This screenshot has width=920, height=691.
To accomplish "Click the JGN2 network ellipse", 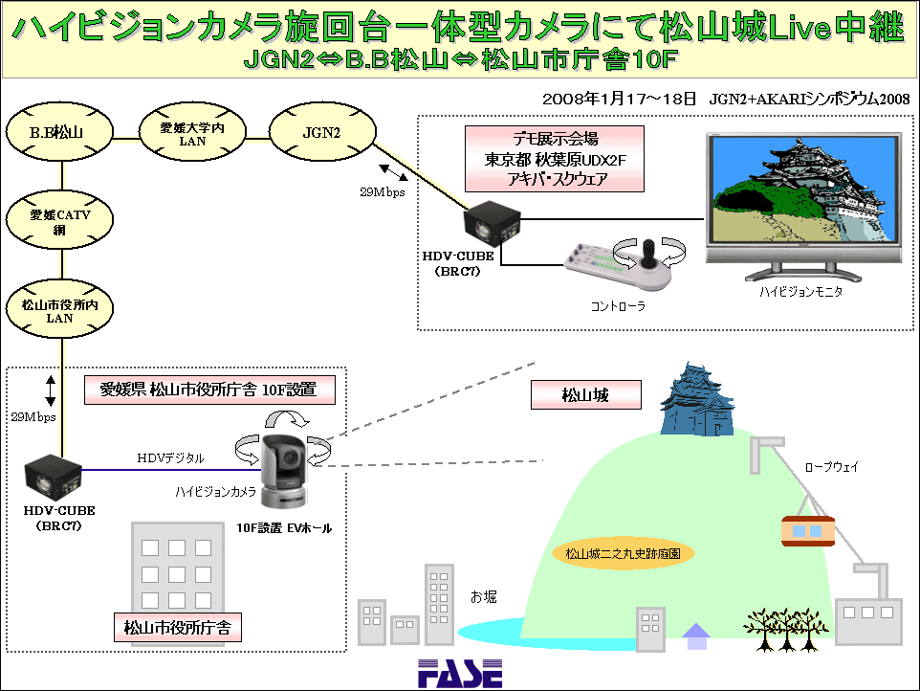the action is point(322,133).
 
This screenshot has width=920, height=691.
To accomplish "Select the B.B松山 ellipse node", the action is point(58,133).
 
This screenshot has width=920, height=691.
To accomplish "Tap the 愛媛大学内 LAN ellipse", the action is point(192,133).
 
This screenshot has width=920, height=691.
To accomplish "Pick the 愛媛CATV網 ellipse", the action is point(59,219).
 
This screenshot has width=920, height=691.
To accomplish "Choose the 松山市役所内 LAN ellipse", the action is point(59,309).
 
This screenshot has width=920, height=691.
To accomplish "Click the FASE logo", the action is point(460,674).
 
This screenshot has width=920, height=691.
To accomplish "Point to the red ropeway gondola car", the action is point(808,531).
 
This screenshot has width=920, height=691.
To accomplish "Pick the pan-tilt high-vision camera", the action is point(283,472).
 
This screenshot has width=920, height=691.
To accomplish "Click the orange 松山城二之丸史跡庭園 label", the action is point(624,553).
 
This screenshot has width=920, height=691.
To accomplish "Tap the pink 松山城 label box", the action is point(585,395).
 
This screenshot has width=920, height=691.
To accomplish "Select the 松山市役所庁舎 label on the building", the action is point(177,628).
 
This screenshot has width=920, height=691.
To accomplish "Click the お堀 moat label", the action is point(484,597).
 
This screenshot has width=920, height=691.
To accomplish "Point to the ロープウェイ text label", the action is point(831,467).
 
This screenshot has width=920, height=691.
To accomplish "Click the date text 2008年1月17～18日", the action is point(619,99).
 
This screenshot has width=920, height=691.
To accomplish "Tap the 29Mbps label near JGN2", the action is point(382,192).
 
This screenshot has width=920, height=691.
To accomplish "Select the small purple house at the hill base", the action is point(696,636).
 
